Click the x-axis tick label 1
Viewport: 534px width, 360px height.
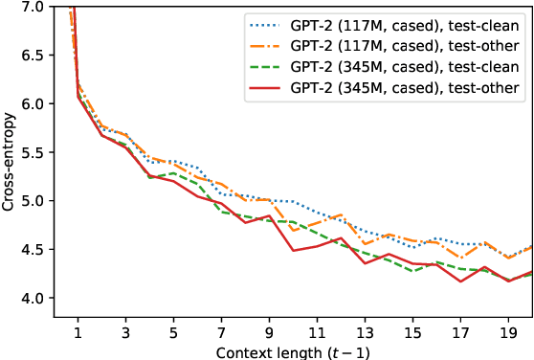coord(78,328)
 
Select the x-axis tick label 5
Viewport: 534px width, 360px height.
coord(173,328)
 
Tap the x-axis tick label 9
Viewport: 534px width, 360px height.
coord(269,328)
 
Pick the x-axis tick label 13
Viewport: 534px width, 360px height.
coord(365,328)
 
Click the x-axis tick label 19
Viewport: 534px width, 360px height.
coord(508,328)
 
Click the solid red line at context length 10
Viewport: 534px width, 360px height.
coord(293,250)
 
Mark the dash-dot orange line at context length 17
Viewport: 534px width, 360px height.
coord(460,258)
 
